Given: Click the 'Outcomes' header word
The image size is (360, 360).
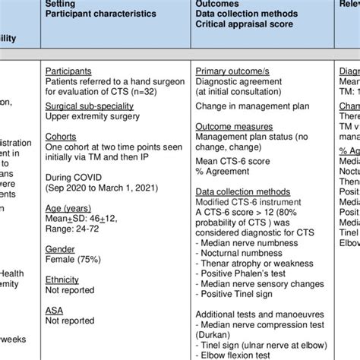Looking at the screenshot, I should [216, 3].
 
